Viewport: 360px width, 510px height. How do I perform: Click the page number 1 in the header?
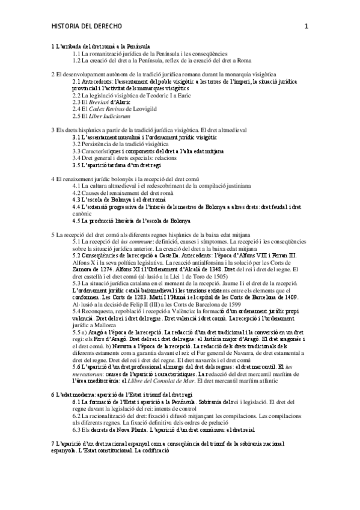tap(307, 26)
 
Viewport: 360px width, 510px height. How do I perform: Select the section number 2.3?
tap(78, 101)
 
